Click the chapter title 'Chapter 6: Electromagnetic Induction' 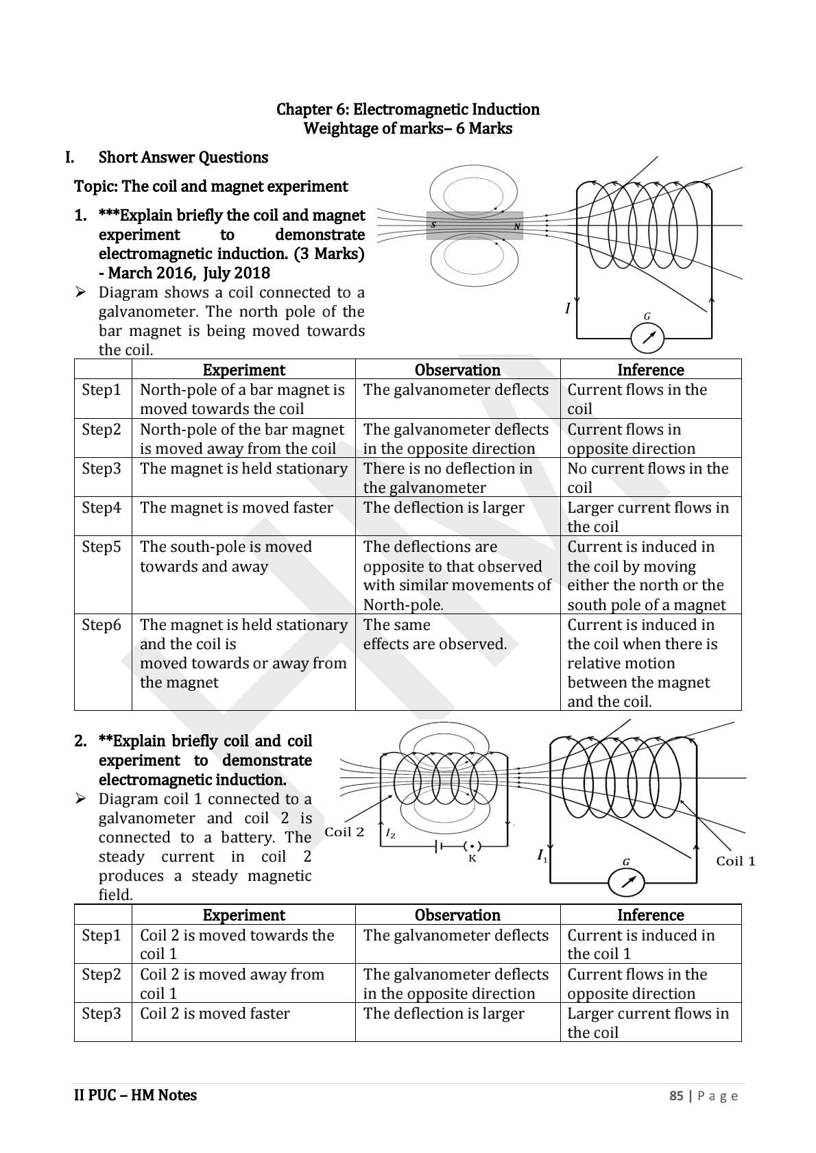pyautogui.click(x=407, y=109)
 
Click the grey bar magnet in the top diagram pyautogui.click(x=474, y=226)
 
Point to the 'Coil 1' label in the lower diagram pyautogui.click(x=735, y=861)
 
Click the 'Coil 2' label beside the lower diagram pyautogui.click(x=344, y=832)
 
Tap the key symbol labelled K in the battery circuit pyautogui.click(x=471, y=847)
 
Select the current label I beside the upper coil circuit pyautogui.click(x=567, y=308)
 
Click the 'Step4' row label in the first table pyautogui.click(x=101, y=508)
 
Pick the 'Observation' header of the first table pyautogui.click(x=457, y=369)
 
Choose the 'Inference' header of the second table pyautogui.click(x=650, y=915)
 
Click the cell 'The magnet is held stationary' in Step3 pyautogui.click(x=243, y=469)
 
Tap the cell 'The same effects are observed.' pyautogui.click(x=435, y=635)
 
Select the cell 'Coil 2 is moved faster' pyautogui.click(x=215, y=1013)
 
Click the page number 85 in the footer pyautogui.click(x=676, y=1095)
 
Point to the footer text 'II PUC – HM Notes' pyautogui.click(x=135, y=1095)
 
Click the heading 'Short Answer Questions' pyautogui.click(x=183, y=157)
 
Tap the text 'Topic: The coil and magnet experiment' pyautogui.click(x=211, y=186)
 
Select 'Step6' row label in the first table pyautogui.click(x=101, y=625)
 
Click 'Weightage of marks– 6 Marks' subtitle pyautogui.click(x=407, y=128)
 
